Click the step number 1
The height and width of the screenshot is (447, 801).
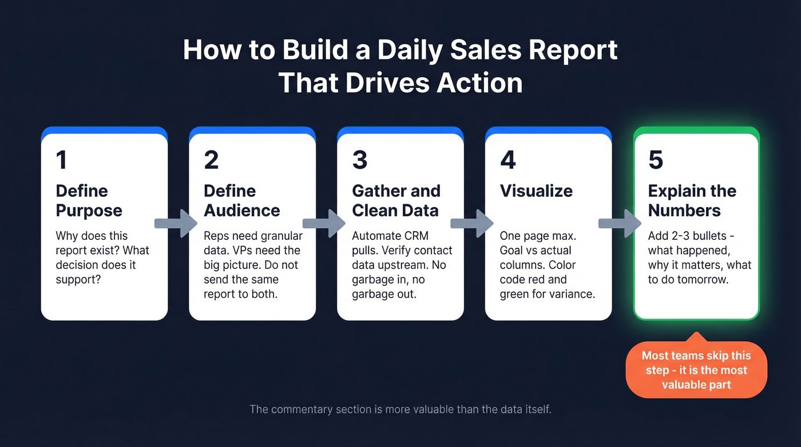point(61,161)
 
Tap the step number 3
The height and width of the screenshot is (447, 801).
point(359,161)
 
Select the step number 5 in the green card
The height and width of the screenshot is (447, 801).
point(656,161)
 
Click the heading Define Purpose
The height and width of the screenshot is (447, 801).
point(89,200)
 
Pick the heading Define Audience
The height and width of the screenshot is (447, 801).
point(241,200)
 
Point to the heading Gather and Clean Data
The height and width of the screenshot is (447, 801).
point(396,200)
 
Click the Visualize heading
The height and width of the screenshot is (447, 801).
point(536,191)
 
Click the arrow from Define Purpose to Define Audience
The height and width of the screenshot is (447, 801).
point(176,223)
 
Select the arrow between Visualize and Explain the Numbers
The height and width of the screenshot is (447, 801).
point(620,223)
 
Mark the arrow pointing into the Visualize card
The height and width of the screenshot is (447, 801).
point(472,223)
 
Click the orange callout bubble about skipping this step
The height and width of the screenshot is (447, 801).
point(696,370)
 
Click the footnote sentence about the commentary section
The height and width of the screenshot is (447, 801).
point(400,410)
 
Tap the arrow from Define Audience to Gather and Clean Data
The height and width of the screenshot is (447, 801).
point(324,223)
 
